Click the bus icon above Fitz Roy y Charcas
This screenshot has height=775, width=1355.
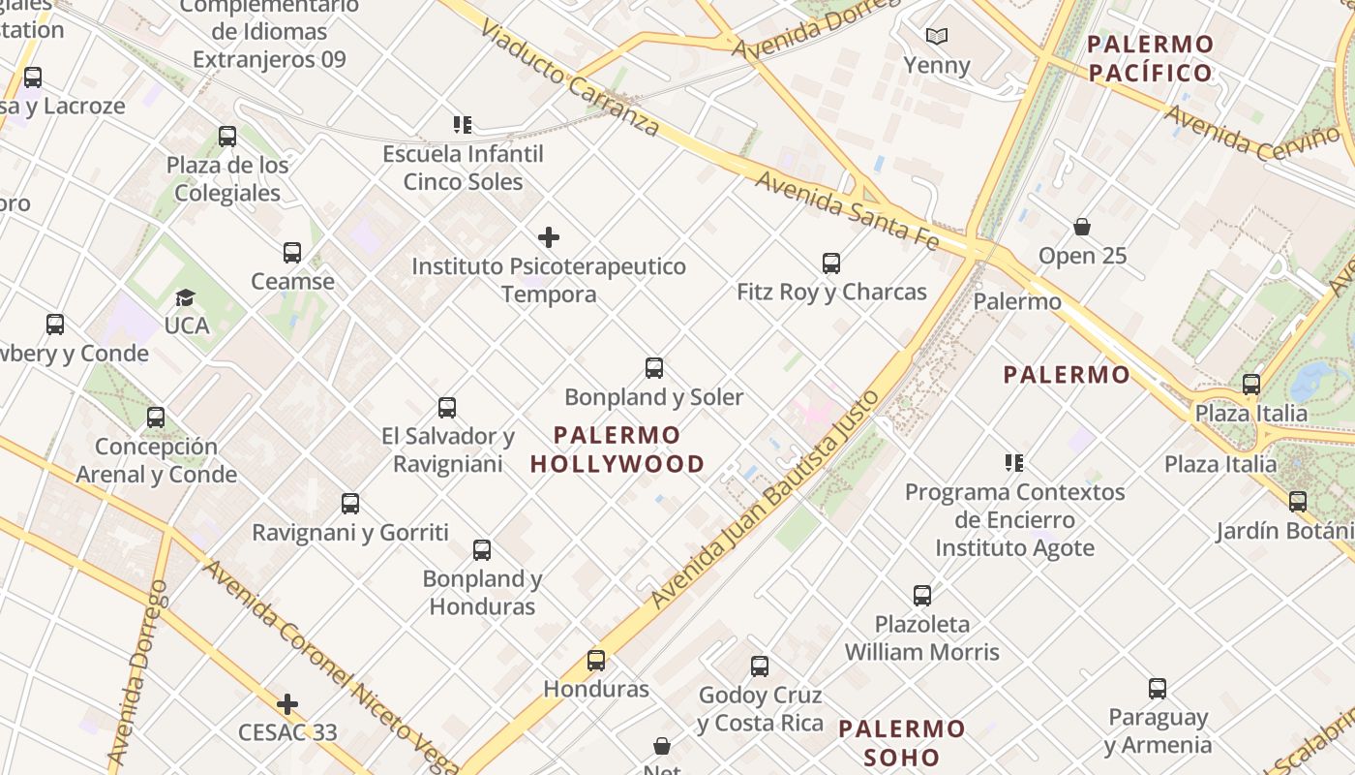[x=830, y=263]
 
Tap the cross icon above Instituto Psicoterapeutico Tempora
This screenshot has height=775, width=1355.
[x=549, y=237]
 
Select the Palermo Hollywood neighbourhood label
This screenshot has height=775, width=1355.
[x=617, y=449]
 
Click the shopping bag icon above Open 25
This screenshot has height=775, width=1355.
[x=1082, y=228]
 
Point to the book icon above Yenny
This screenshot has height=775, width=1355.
[x=936, y=37]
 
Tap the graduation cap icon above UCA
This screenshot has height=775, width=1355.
[x=185, y=297]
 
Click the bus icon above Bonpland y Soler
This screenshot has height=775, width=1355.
[x=654, y=368]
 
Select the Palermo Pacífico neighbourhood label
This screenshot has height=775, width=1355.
[x=1150, y=58]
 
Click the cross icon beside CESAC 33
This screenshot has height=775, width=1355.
[x=287, y=704]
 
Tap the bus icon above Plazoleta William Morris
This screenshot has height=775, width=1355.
[x=922, y=595]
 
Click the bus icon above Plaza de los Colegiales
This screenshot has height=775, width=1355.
[x=227, y=137]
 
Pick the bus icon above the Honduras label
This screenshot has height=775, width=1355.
[x=596, y=661]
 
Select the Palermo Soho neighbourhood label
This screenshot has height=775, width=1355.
[x=901, y=742]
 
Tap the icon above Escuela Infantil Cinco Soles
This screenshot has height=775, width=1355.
[x=463, y=125]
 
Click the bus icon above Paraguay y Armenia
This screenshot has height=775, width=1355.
[x=1158, y=689]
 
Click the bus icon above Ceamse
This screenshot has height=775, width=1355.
[x=292, y=253]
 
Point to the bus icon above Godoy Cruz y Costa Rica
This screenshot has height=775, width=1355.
[x=760, y=666]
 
